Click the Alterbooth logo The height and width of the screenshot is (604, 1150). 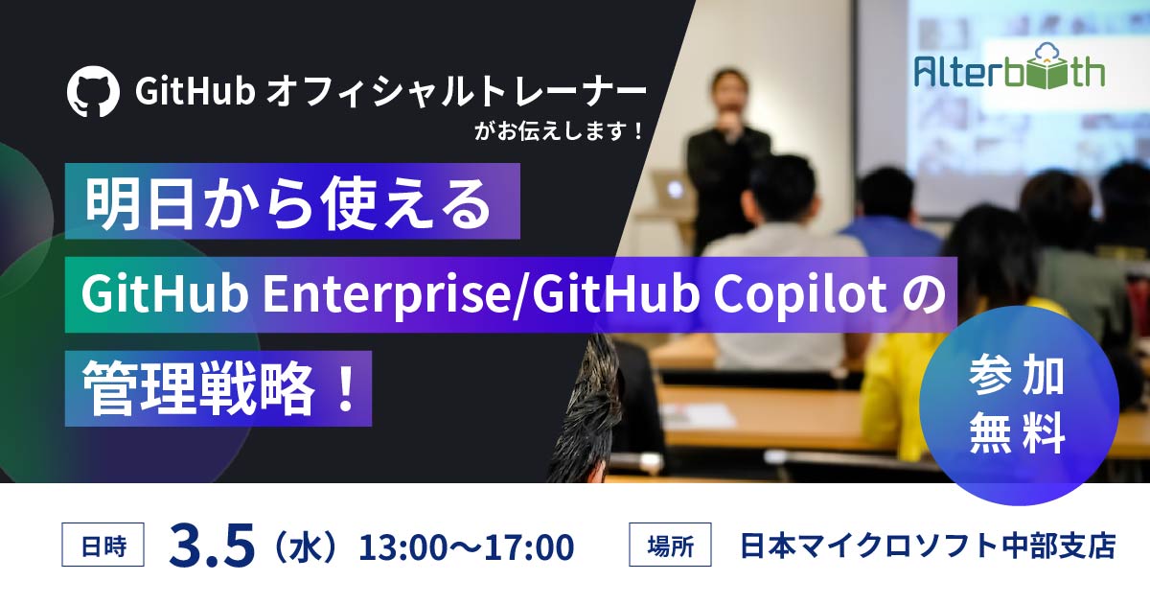1007,70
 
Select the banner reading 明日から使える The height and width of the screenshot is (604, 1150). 291,200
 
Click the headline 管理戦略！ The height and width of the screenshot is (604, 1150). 218,388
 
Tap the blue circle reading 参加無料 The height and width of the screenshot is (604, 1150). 1018,406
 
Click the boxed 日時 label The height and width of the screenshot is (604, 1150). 103,547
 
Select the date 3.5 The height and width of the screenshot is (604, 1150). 212,546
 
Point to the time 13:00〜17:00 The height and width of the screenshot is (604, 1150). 466,547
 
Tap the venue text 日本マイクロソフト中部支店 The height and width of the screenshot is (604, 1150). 928,547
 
